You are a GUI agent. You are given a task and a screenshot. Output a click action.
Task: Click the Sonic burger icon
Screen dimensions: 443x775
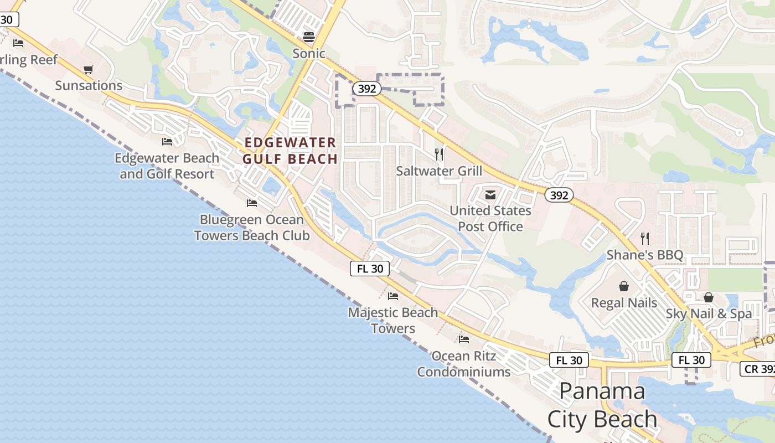[309, 37]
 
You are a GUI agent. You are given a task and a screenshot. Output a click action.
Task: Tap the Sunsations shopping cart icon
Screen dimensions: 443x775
[88, 69]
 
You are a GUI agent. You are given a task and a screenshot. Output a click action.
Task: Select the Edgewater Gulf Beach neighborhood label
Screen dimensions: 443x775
[290, 151]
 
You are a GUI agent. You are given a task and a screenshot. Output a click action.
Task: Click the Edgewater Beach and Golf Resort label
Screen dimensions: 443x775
[167, 166]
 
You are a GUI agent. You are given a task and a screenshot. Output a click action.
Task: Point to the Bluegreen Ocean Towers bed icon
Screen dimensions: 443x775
[252, 203]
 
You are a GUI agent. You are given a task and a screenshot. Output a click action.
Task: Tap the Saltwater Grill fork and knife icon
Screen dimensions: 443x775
[439, 154]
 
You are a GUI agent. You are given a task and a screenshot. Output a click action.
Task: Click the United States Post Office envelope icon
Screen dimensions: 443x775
[490, 194]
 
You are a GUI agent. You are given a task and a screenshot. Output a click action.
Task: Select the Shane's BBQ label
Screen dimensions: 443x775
[645, 255]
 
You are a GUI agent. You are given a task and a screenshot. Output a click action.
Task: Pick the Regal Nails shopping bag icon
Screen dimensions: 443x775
[624, 286]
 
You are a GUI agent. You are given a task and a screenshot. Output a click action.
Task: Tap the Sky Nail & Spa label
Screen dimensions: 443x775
[709, 313]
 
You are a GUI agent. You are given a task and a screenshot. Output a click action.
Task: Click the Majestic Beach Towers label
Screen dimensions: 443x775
[393, 320]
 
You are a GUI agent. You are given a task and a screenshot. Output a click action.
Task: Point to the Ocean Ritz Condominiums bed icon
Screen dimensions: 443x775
[464, 339]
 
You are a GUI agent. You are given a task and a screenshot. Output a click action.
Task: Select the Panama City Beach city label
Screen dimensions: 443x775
[602, 405]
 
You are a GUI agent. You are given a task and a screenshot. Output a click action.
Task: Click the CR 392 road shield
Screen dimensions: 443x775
[757, 369]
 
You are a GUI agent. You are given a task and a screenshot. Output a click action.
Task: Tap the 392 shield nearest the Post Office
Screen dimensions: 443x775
[559, 195]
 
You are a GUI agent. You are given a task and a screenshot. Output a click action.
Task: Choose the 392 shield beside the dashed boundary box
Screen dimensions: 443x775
[366, 89]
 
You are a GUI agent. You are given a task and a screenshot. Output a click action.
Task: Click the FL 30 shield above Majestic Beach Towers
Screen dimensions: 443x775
[370, 269]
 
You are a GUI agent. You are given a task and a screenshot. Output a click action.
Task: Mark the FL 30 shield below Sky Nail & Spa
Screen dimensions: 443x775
[691, 360]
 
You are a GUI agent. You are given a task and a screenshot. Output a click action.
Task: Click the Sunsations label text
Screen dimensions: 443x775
[89, 85]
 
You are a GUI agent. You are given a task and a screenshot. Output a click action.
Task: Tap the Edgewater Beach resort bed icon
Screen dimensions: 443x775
[167, 142]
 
